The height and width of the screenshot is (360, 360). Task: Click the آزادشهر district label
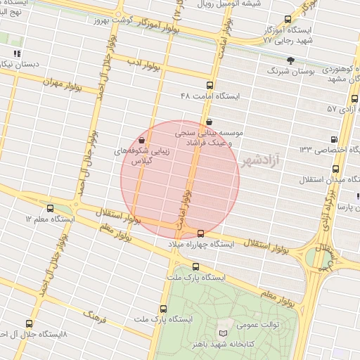(x=259, y=161)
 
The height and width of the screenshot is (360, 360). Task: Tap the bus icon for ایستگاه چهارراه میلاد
(x=202, y=233)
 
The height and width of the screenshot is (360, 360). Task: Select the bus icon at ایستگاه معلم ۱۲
(x=50, y=209)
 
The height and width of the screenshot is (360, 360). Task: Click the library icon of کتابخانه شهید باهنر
(x=224, y=333)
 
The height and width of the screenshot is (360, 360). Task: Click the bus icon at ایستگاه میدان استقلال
(x=335, y=169)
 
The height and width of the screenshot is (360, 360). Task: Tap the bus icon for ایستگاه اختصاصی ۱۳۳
(x=334, y=139)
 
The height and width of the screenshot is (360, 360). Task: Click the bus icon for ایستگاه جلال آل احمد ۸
(x=28, y=323)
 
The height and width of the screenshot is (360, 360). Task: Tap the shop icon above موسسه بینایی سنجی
(x=209, y=121)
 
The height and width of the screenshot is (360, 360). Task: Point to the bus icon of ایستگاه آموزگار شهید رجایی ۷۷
(x=287, y=19)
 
